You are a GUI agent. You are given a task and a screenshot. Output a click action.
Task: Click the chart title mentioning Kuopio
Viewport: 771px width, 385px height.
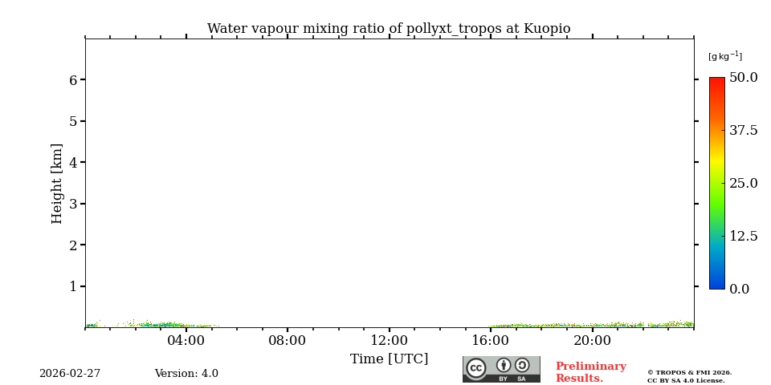(x=389, y=29)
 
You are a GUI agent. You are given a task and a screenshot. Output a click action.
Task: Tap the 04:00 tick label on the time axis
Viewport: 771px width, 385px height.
(x=186, y=341)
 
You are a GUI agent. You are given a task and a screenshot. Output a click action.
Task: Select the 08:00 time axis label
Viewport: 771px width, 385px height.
(x=288, y=341)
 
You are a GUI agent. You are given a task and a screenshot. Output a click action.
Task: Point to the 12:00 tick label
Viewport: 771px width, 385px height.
(x=390, y=341)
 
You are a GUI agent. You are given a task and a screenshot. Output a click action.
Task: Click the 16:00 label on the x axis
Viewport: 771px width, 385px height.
(x=491, y=341)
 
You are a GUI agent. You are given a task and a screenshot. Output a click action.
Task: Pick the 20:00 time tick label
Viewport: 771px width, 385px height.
(x=592, y=341)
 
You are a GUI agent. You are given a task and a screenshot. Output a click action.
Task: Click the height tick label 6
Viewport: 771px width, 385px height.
(x=73, y=80)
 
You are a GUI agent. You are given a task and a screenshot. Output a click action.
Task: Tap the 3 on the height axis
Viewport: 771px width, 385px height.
(x=73, y=204)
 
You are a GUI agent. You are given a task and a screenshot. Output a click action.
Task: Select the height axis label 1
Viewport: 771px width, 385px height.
(x=73, y=286)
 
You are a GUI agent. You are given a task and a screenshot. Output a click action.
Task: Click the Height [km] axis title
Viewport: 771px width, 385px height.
(x=57, y=184)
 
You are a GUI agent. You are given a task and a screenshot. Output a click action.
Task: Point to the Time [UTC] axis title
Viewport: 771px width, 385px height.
(x=390, y=359)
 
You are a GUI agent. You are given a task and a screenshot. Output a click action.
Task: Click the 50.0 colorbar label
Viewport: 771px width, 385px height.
(x=743, y=78)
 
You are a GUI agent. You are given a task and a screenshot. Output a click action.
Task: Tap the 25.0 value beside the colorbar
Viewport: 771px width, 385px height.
(x=743, y=183)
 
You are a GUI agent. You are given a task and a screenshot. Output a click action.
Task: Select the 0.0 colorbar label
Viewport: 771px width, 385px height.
(x=739, y=289)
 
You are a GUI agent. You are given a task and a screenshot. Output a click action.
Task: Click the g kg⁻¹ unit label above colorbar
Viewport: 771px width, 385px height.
(x=725, y=56)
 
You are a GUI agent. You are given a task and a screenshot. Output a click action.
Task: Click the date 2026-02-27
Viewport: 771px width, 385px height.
(x=70, y=374)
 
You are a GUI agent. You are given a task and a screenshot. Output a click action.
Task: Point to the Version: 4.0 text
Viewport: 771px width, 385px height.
(x=186, y=374)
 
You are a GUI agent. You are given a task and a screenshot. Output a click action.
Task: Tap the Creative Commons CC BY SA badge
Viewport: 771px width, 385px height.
(x=501, y=369)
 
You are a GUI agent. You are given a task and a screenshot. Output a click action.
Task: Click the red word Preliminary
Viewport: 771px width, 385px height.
(x=590, y=367)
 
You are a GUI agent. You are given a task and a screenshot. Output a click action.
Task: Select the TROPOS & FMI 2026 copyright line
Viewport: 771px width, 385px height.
(x=690, y=372)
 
